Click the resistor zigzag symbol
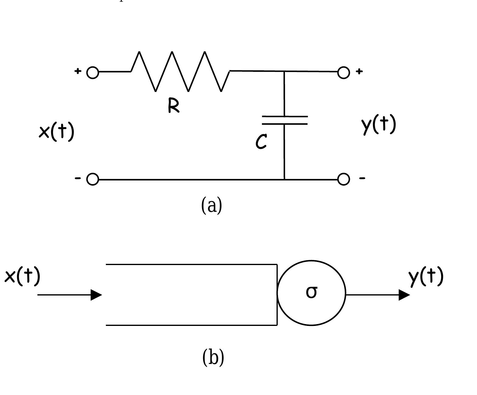180,72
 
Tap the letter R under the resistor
173,106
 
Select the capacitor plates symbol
285,120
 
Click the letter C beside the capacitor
261,142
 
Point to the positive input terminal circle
93,73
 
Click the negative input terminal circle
93,179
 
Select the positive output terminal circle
343,72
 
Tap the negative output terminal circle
343,179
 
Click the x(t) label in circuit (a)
57,131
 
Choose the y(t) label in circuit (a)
379,124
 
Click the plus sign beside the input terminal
78,71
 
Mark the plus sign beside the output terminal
359,71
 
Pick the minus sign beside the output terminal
362,178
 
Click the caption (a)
212,205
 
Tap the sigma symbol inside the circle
312,292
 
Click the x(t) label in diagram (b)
23,276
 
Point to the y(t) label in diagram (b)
426,276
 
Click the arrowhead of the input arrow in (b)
96,295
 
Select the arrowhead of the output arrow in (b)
404,295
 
